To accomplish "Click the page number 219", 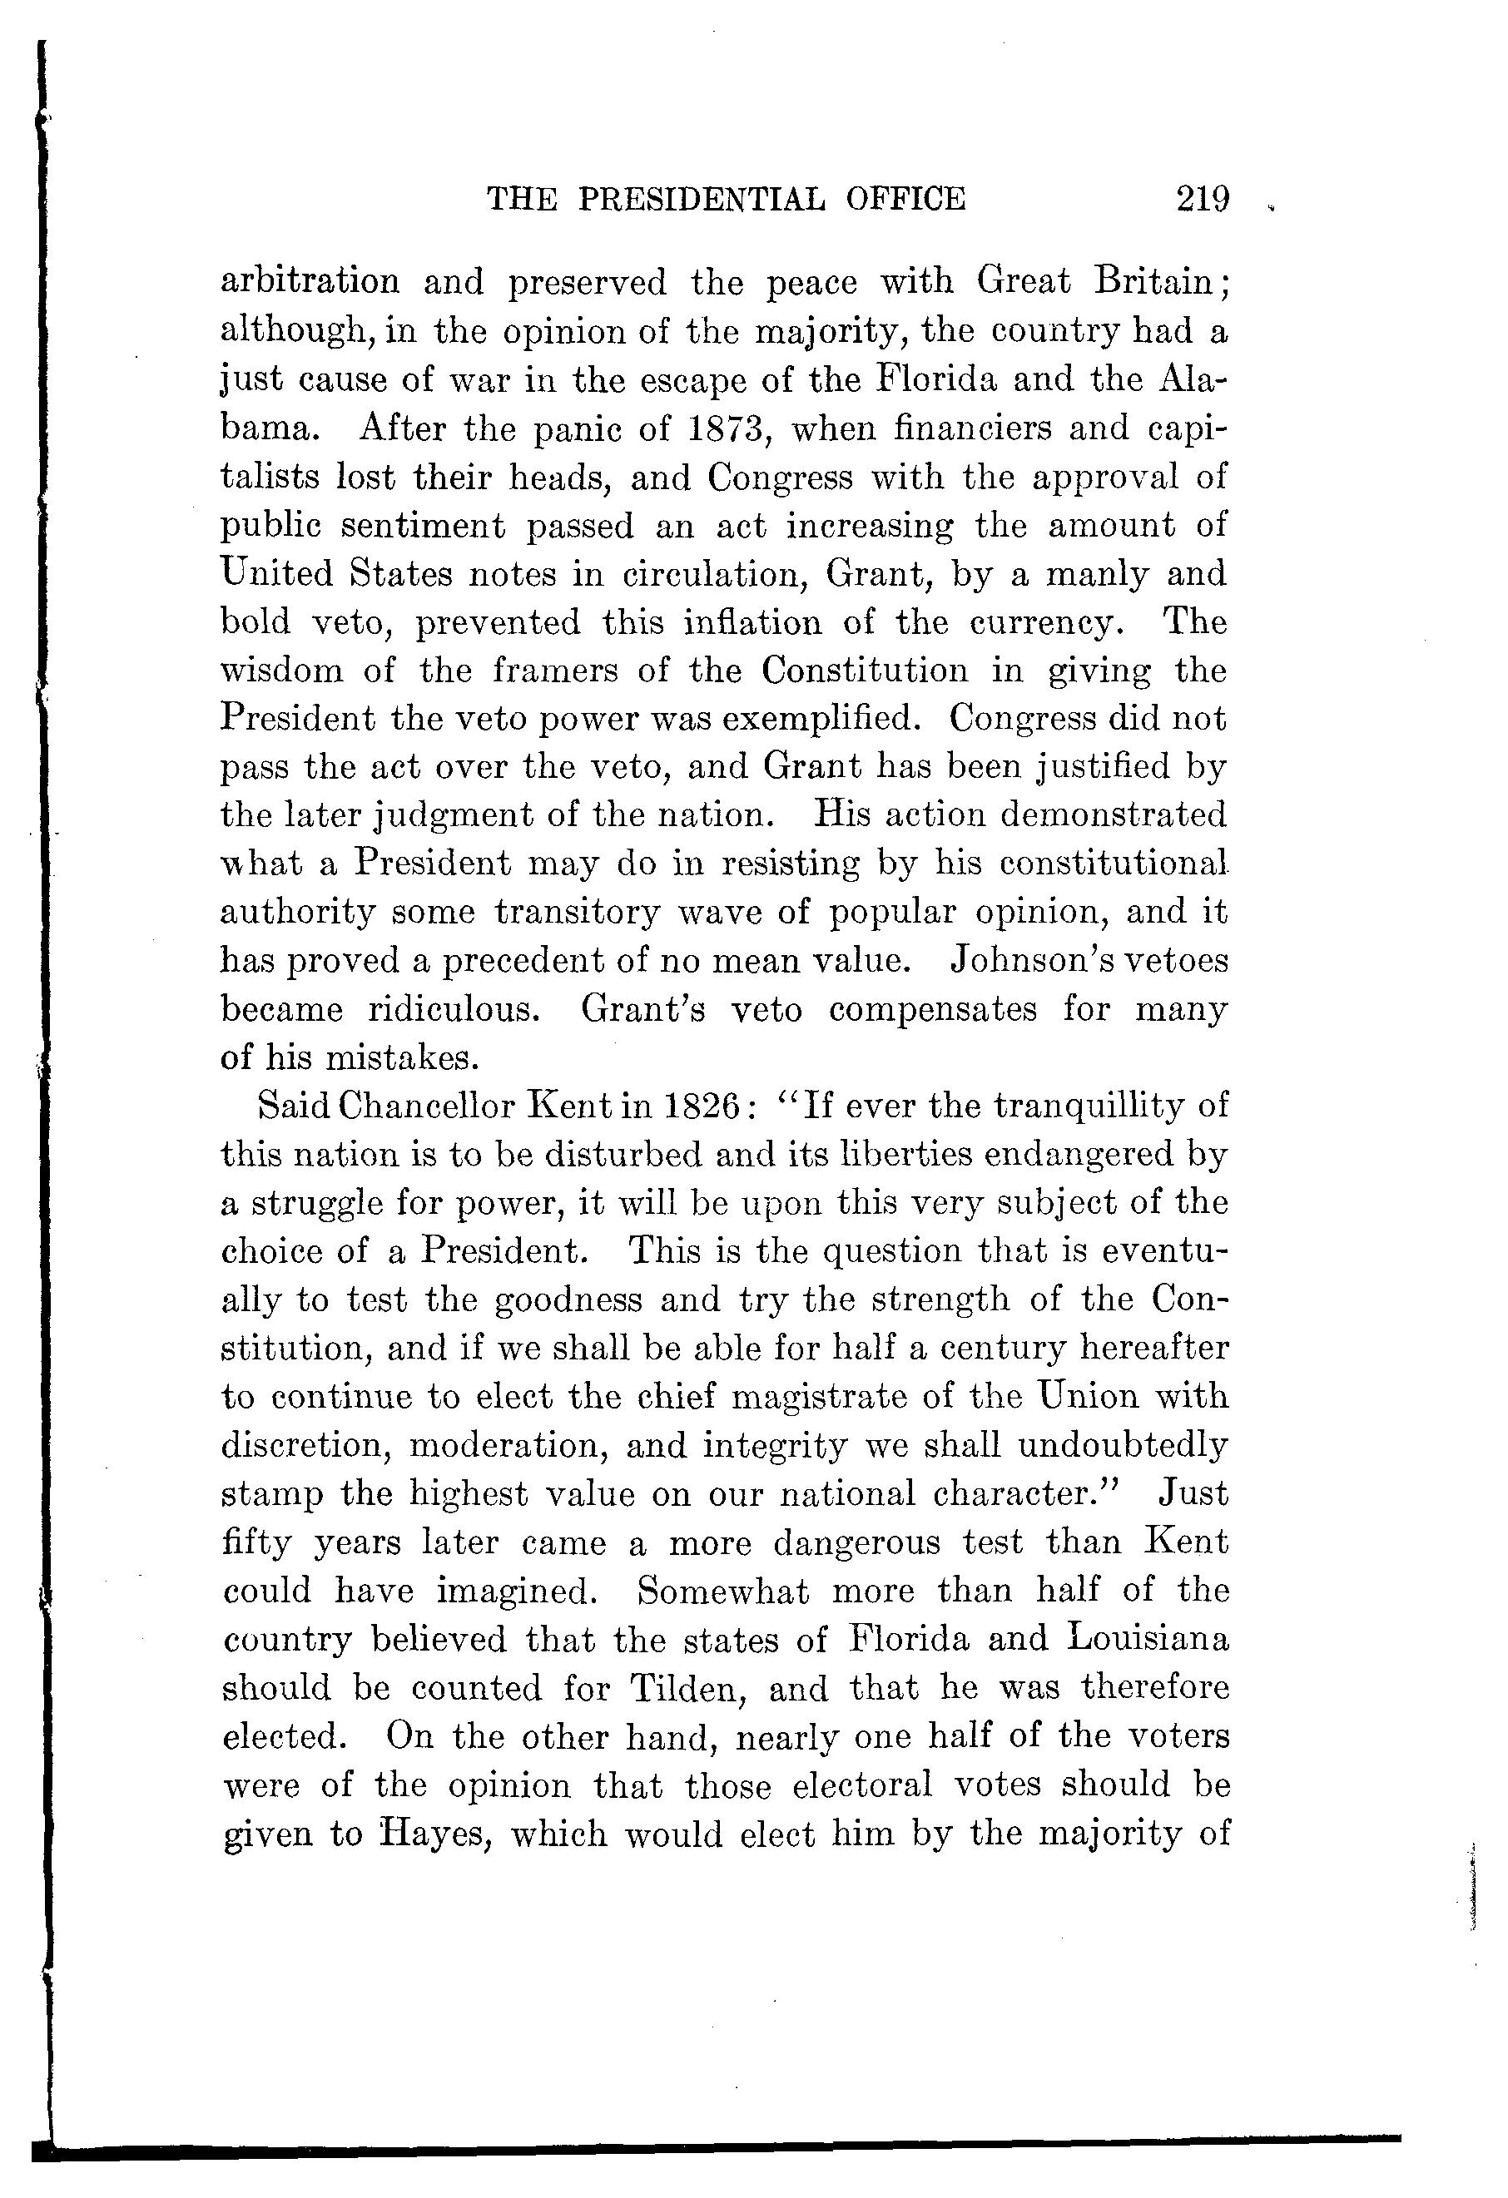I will pos(1203,199).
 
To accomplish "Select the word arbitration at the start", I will pos(310,282).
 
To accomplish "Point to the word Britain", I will pos(1159,282).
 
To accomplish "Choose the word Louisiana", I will pos(1148,1639).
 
